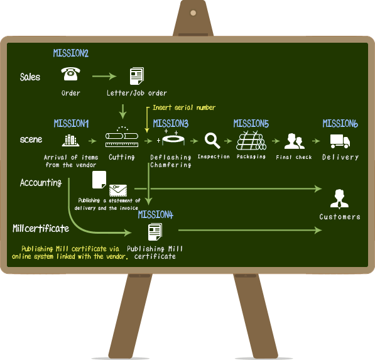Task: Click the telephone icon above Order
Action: pos(70,74)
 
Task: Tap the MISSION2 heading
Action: pos(71,53)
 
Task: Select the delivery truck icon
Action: pos(340,141)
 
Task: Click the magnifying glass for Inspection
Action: pos(212,140)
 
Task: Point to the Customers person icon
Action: pos(339,199)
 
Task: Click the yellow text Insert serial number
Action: pos(184,107)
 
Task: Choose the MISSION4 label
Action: pos(155,215)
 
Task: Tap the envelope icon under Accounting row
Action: pos(118,190)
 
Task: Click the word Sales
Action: pos(30,77)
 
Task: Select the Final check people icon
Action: pos(295,141)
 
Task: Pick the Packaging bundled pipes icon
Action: pos(251,141)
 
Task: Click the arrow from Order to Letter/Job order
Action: pos(104,76)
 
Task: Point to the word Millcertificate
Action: pos(41,229)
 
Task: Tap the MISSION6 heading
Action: pos(340,124)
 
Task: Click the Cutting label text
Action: pos(122,157)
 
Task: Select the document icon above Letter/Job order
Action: pos(137,76)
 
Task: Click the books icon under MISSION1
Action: pos(70,140)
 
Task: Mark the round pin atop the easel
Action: pos(193,13)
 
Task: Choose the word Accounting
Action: pos(41,182)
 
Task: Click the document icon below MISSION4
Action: pos(155,232)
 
